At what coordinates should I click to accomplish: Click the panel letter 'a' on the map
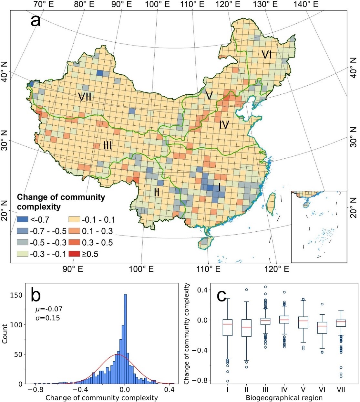36,21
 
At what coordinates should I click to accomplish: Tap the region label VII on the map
85,96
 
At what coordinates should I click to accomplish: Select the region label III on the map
107,145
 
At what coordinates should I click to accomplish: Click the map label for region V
209,96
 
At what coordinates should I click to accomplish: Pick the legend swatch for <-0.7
22,220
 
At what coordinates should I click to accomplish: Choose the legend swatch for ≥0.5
74,254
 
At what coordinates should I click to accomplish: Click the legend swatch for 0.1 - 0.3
74,231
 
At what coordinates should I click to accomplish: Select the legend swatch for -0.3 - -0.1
22,254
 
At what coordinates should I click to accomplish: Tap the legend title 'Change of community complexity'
61,202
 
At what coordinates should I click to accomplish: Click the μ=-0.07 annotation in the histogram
49,310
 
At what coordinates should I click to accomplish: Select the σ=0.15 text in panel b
47,318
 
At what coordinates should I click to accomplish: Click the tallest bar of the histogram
125,339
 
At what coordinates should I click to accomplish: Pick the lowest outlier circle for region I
228,381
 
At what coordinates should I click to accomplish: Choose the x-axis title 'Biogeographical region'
284,397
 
